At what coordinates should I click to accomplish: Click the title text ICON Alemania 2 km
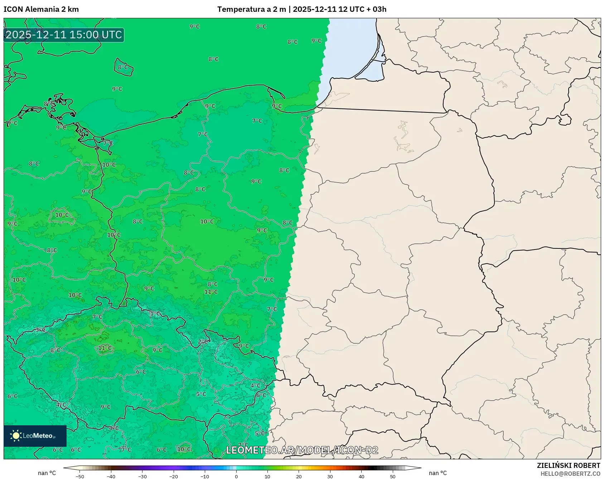click(41, 9)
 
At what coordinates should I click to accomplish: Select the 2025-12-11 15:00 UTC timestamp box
click(64, 35)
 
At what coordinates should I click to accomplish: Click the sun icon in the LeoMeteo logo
click(16, 436)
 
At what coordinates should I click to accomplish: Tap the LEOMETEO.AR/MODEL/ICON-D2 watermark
click(302, 450)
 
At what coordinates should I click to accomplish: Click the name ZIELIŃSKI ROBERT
click(568, 465)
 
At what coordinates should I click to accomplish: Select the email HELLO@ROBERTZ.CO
click(570, 474)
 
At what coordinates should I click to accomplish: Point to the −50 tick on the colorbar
click(80, 476)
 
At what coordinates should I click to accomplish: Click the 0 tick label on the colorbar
click(236, 476)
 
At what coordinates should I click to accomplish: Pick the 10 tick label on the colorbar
click(267, 476)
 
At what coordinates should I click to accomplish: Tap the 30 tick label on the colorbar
click(330, 476)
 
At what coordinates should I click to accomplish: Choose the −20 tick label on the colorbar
click(173, 476)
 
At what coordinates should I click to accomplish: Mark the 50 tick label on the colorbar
click(393, 476)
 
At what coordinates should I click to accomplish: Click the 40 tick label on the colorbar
click(362, 476)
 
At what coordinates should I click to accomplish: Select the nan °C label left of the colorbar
click(47, 473)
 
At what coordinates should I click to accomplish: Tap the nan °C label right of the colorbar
click(438, 473)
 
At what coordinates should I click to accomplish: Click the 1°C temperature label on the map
click(155, 314)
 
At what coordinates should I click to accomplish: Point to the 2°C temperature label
click(203, 342)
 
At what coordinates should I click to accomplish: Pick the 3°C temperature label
click(40, 330)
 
